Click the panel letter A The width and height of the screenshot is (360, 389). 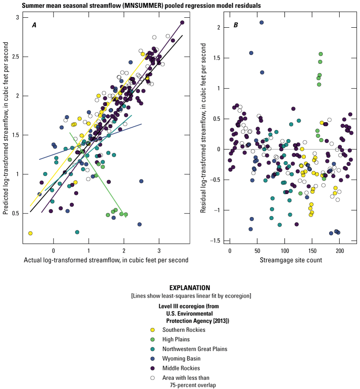[x=34, y=25]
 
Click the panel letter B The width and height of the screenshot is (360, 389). [x=236, y=25]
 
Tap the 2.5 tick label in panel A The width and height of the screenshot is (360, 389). [x=16, y=56]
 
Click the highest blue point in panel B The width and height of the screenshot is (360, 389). [x=262, y=23]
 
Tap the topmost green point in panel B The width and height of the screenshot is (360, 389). [x=321, y=54]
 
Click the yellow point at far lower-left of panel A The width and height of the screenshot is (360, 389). [x=30, y=233]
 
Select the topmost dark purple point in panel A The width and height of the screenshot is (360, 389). [x=182, y=23]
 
